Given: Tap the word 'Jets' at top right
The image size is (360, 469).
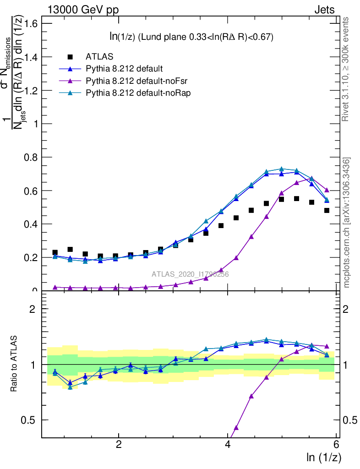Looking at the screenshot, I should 324,10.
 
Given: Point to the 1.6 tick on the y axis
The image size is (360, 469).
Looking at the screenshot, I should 31,23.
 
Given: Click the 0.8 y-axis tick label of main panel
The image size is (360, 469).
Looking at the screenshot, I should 31,157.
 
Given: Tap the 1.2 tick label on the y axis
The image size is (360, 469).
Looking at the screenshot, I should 31,90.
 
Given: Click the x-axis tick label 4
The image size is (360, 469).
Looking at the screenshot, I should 228,446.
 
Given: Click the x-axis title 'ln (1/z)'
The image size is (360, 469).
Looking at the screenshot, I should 323,457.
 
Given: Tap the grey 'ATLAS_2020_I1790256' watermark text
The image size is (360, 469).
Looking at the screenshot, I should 190,274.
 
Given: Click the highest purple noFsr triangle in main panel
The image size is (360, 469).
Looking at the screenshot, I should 311,179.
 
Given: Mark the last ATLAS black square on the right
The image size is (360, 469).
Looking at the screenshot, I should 327,211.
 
